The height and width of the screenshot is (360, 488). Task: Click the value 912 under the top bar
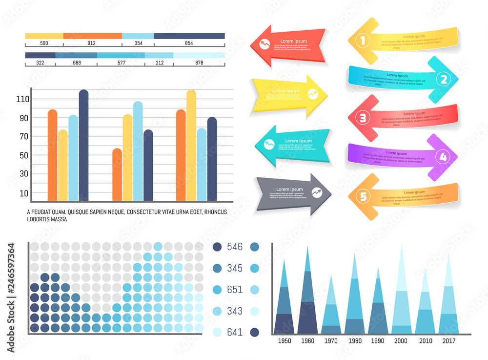pyautogui.click(x=91, y=43)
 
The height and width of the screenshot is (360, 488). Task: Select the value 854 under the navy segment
pyautogui.click(x=189, y=43)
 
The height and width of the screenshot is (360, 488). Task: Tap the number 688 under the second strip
pyautogui.click(x=76, y=63)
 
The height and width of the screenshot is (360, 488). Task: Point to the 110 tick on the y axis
pyautogui.click(x=23, y=99)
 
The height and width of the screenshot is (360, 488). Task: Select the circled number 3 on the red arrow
pyautogui.click(x=362, y=118)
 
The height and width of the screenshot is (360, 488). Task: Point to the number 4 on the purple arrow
pyautogui.click(x=443, y=157)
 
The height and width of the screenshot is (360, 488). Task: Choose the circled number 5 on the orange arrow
pyautogui.click(x=363, y=196)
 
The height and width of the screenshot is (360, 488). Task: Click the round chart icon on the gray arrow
pyautogui.click(x=317, y=192)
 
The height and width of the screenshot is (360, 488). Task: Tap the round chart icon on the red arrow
pyautogui.click(x=265, y=44)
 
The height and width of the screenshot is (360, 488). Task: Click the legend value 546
pyautogui.click(x=235, y=247)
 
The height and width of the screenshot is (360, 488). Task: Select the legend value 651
pyautogui.click(x=235, y=290)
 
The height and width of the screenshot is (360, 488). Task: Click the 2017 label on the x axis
pyautogui.click(x=448, y=341)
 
